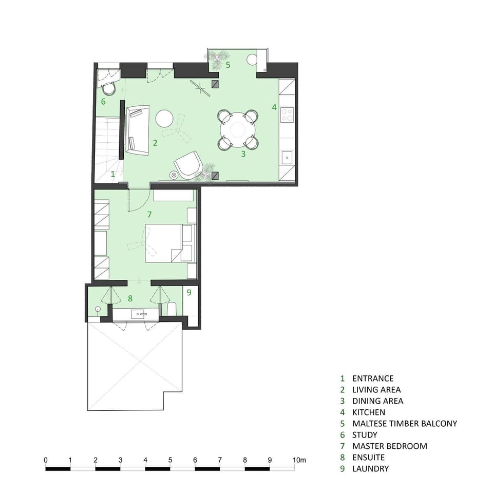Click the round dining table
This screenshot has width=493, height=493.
click(237, 130)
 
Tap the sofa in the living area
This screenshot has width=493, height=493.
click(138, 130)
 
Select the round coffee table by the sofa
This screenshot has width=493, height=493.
click(164, 118)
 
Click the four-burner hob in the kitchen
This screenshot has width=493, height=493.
click(287, 115)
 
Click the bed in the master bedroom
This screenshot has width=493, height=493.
click(170, 243)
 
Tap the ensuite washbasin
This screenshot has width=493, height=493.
click(140, 314)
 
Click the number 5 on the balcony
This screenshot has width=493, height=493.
click(228, 65)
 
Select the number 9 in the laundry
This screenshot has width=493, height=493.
click(189, 292)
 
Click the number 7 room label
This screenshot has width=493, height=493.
click(149, 215)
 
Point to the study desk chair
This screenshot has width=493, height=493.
click(109, 88)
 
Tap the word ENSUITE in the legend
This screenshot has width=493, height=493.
click(368, 458)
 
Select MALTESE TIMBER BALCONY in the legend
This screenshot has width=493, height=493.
click(405, 424)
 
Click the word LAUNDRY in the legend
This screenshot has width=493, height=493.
click(370, 469)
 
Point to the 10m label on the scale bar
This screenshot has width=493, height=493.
click(299, 460)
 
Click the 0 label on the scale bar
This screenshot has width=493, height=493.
click(46, 460)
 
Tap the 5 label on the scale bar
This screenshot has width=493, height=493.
click(170, 460)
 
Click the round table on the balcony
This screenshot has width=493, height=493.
click(252, 60)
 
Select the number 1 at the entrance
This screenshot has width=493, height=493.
click(113, 174)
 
